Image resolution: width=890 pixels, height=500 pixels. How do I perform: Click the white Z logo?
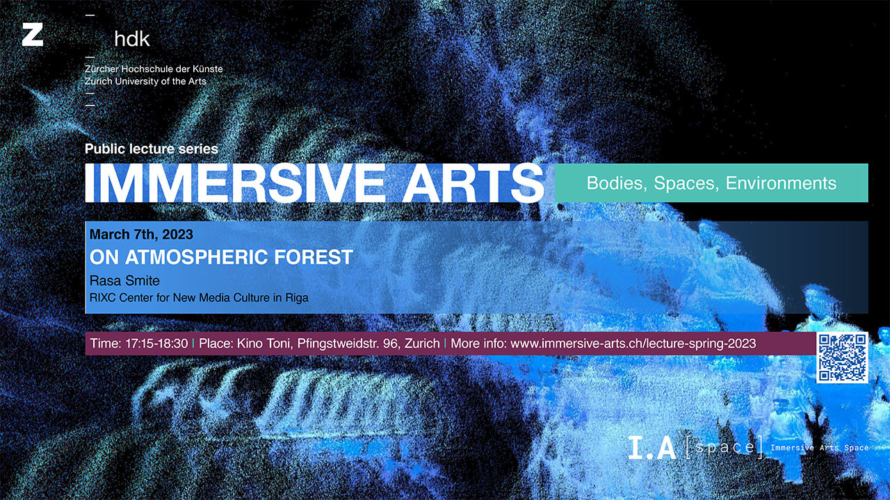point(33,35)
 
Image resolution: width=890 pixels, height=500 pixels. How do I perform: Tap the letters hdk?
point(132,39)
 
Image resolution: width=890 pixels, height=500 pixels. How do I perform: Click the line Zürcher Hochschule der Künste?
point(154,69)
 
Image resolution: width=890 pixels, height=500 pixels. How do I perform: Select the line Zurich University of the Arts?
point(145,81)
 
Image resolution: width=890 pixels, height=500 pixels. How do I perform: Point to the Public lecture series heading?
point(152,149)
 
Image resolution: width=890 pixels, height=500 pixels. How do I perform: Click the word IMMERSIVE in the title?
point(235,183)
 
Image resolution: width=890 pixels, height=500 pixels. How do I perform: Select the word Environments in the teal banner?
point(781,183)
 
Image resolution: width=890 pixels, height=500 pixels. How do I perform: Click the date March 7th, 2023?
point(141,235)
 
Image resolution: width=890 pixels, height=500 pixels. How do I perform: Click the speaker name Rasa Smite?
point(124,281)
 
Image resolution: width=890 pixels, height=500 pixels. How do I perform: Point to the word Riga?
point(297,298)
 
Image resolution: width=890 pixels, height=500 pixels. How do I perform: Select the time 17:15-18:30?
point(156,344)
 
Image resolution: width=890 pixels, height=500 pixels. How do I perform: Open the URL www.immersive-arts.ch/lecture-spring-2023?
point(633,344)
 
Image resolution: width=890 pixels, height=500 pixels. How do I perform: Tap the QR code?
point(842,358)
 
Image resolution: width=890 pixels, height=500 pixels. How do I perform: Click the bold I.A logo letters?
point(652,448)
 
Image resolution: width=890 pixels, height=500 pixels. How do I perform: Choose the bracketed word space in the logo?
point(725,448)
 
